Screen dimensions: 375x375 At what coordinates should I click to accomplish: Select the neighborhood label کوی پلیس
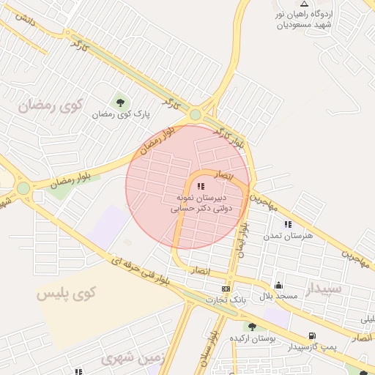(67, 294)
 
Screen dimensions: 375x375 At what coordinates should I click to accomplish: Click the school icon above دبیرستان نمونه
(201, 187)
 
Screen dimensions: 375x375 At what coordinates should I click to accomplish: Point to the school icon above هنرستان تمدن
(288, 223)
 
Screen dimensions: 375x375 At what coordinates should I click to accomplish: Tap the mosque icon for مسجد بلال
(278, 286)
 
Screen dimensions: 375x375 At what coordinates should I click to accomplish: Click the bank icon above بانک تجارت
(226, 289)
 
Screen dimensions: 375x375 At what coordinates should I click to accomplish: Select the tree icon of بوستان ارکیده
(252, 327)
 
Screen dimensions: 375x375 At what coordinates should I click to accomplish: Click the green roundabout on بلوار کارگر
(195, 115)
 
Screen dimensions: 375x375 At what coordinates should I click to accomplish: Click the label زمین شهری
(122, 358)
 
